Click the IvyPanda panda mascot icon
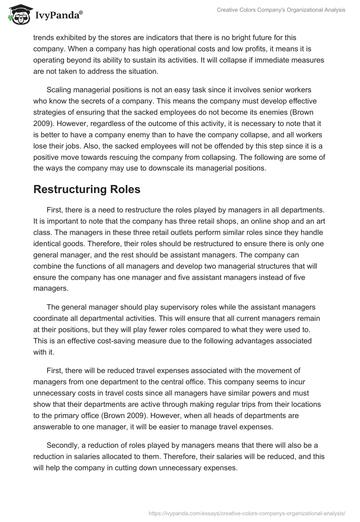tap(17, 15)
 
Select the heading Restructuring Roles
tap(87, 189)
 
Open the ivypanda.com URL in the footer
tap(247, 513)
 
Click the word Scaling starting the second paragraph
tap(60, 90)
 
